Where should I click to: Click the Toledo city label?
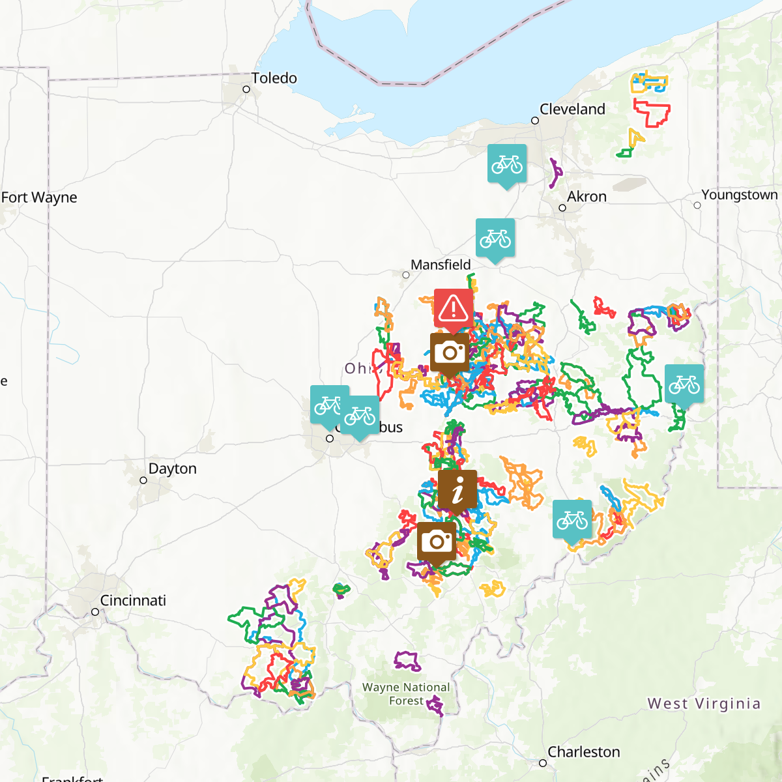(274, 78)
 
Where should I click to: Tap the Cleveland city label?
(572, 109)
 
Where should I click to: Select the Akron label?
(586, 197)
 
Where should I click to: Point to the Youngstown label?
(739, 195)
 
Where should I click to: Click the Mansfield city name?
(441, 265)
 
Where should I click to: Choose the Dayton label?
(172, 469)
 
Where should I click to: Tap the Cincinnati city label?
(133, 600)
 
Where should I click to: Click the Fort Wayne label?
(39, 197)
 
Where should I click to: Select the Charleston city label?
(583, 752)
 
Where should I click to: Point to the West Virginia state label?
(704, 704)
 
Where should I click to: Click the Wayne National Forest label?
(406, 694)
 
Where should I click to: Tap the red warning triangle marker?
(454, 308)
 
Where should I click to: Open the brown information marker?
(457, 489)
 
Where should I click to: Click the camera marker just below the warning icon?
(450, 353)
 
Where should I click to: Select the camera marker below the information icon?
(437, 541)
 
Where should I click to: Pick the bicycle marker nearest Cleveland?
(507, 164)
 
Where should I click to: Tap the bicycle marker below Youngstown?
(684, 384)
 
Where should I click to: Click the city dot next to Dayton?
(143, 480)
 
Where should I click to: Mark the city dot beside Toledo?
(246, 89)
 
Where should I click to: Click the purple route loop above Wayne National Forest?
(408, 661)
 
